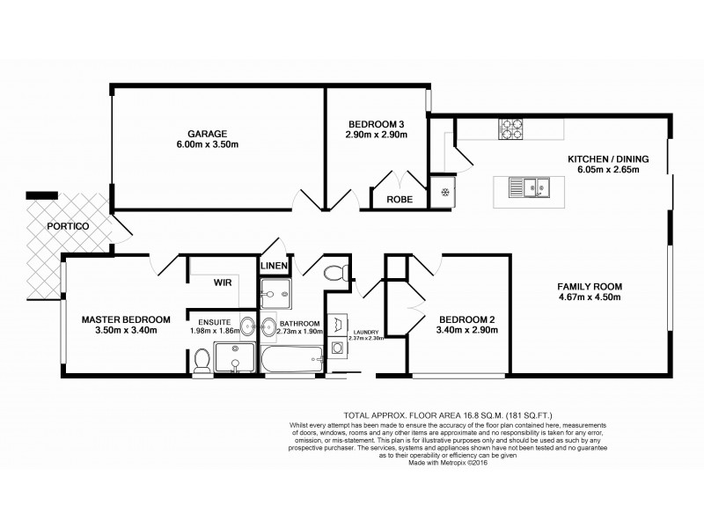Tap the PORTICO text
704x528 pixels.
pos(71,225)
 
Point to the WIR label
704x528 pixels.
pos(222,283)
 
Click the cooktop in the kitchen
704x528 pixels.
pos(511,132)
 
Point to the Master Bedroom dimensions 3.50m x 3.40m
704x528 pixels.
pos(126,331)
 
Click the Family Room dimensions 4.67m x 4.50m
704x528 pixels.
pos(590,297)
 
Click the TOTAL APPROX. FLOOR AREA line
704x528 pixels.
pos(448,414)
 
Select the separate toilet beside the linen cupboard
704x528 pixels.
pos(334,272)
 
